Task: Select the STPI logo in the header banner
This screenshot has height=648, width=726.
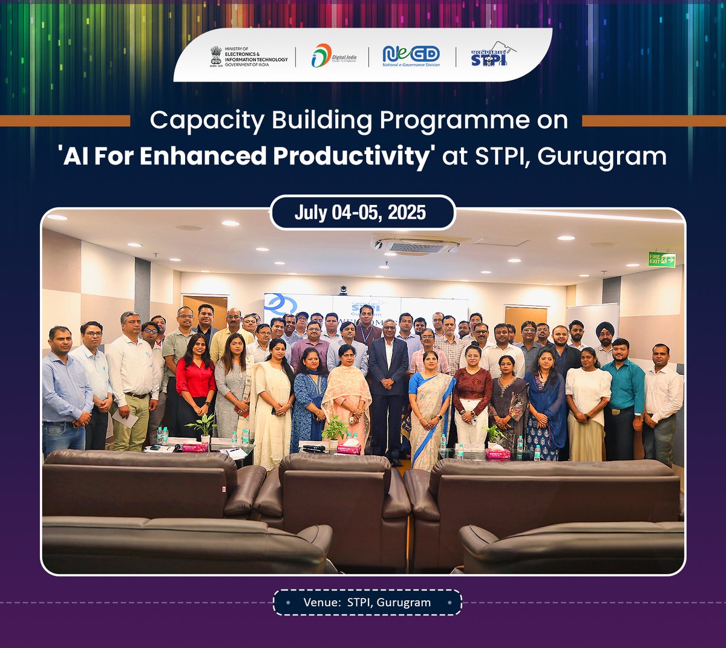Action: point(489,55)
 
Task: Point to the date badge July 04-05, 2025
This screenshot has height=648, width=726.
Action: point(361,213)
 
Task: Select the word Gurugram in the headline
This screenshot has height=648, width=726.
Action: point(601,157)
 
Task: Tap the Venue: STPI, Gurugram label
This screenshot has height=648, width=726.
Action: point(367,603)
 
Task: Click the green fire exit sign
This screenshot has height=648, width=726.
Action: point(661,260)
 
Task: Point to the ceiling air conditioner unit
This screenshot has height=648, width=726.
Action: point(415,245)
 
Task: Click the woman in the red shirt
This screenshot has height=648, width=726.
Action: point(195,387)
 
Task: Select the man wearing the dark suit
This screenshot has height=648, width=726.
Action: point(387,387)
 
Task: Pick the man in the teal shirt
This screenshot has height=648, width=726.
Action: point(623,393)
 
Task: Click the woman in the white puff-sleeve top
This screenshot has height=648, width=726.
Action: point(587,399)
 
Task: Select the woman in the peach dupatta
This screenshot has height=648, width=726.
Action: point(346,393)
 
